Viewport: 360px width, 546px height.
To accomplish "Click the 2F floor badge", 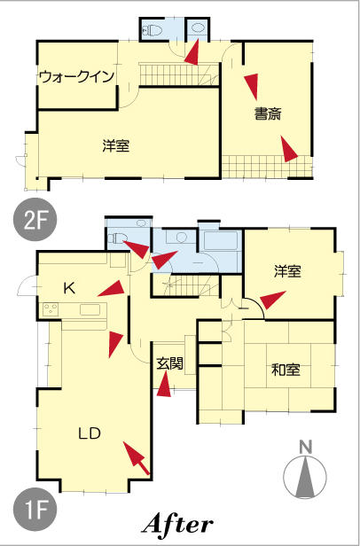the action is [x=35, y=220].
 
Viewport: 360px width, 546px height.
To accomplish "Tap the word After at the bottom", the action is [x=177, y=525].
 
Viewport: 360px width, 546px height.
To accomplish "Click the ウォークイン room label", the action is [x=77, y=77].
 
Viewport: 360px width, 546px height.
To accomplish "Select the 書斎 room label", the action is [x=268, y=113].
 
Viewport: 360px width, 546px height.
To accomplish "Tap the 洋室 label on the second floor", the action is [x=116, y=146].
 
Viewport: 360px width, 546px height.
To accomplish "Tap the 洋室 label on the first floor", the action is [x=287, y=271].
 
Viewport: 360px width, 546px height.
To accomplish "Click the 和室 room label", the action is [x=286, y=370].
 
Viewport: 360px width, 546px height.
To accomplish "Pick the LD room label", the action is [x=90, y=434].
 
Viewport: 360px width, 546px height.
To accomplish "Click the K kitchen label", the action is [x=70, y=288].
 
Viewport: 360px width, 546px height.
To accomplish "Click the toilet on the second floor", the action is [x=153, y=31].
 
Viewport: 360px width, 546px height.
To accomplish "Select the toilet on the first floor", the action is [x=117, y=238].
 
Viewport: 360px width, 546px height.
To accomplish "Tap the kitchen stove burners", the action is [x=51, y=309].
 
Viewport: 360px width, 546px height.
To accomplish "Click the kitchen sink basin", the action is [x=90, y=309].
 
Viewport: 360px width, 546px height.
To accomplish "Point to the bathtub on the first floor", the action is [x=221, y=240].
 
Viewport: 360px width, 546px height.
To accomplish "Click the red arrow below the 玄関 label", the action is [x=164, y=384].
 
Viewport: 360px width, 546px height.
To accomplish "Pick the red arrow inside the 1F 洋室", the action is [x=273, y=300].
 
